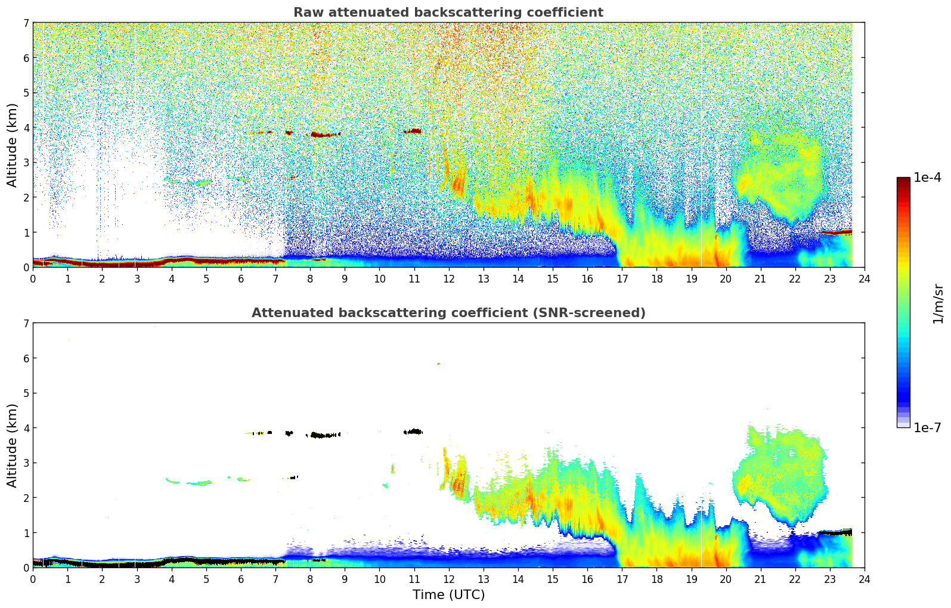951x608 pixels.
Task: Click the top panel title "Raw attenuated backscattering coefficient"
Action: (x=448, y=13)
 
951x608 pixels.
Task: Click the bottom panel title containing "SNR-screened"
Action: (x=448, y=313)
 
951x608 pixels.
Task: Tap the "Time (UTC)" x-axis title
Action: (x=448, y=595)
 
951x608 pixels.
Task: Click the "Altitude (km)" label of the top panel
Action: (x=12, y=145)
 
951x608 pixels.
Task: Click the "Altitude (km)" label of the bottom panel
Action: (x=12, y=445)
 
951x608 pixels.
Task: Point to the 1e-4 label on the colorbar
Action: (x=927, y=178)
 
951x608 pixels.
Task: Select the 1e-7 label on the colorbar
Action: (x=927, y=427)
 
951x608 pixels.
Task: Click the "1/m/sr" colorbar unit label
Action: (x=938, y=303)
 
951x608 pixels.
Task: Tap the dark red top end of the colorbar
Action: (x=903, y=179)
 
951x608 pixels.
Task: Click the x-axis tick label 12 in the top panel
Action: (x=448, y=278)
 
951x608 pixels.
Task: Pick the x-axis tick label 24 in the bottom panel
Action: (x=864, y=579)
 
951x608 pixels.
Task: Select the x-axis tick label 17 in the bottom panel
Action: (x=622, y=579)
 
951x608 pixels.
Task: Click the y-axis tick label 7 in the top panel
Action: (x=26, y=23)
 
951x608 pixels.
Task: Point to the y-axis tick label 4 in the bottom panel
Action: (x=26, y=428)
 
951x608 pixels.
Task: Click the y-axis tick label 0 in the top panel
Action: (x=26, y=268)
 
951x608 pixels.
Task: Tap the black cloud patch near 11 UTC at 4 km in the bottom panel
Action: (x=413, y=432)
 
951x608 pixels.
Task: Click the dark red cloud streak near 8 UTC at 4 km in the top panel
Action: (x=323, y=135)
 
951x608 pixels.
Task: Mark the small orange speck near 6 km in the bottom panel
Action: (x=438, y=364)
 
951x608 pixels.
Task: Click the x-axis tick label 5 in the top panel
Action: (x=206, y=278)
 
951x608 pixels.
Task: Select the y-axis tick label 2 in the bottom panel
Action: (x=26, y=498)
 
